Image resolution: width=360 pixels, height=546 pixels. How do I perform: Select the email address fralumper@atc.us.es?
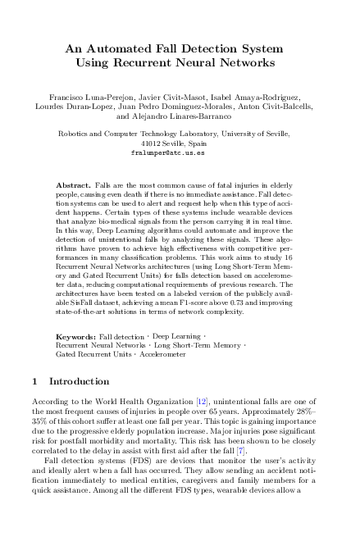click(x=179, y=153)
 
